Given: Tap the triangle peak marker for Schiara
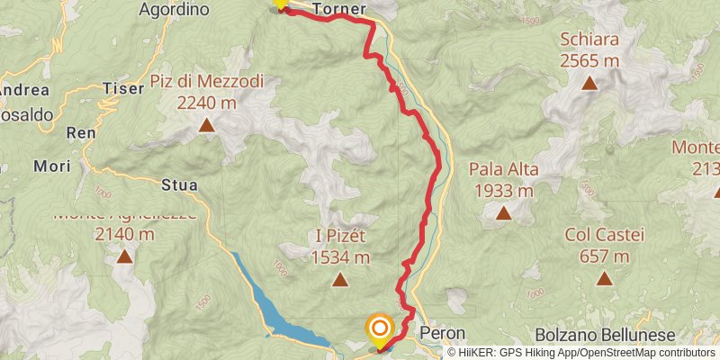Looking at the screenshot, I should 589,84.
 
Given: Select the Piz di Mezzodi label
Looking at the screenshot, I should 207,82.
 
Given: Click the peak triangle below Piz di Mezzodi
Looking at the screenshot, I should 207,126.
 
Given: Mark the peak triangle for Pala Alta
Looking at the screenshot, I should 502,214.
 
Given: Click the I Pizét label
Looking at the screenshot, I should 340,236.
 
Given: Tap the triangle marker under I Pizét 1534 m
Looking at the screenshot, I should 340,280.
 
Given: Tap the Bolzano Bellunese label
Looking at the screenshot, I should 603,333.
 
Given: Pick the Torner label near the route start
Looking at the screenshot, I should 339,10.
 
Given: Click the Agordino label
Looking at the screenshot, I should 175,10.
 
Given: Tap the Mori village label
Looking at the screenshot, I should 51,166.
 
